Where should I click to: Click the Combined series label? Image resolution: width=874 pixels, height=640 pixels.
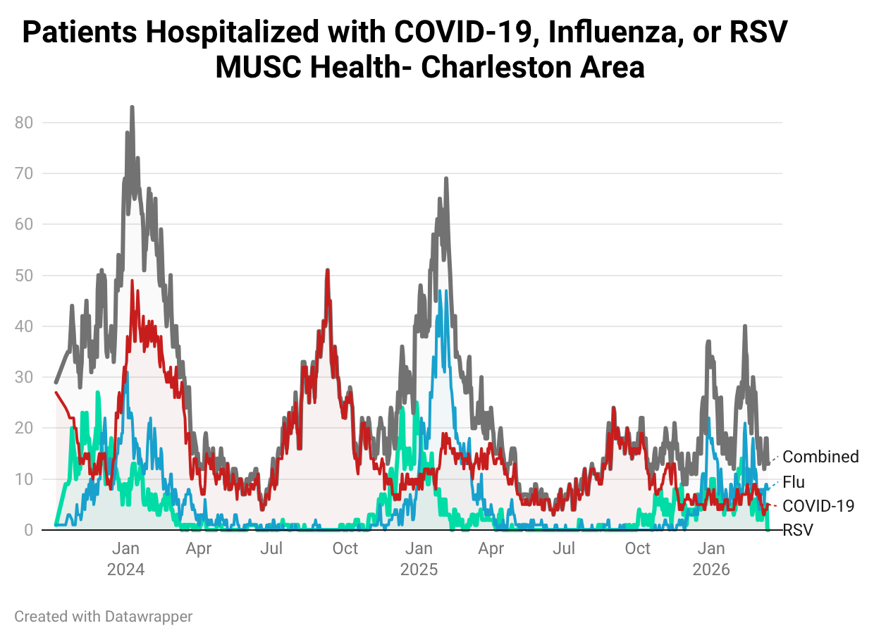(820, 457)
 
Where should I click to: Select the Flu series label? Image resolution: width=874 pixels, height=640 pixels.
(794, 482)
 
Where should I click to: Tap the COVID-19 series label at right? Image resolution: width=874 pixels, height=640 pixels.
(818, 505)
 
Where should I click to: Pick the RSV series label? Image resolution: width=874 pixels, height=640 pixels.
(798, 530)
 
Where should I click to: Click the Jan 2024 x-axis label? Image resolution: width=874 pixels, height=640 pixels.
(125, 558)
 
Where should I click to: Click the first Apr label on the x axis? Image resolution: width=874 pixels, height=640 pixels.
(199, 548)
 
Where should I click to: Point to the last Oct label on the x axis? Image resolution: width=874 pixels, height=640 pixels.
(638, 548)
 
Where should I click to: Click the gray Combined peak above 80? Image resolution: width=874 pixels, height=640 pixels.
(132, 108)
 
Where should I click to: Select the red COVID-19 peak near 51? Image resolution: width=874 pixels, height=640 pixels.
(327, 270)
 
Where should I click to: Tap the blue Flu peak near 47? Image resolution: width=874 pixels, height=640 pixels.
(439, 291)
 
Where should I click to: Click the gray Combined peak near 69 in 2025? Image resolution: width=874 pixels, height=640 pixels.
(446, 179)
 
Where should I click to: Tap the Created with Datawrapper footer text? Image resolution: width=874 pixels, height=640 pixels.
(103, 617)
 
